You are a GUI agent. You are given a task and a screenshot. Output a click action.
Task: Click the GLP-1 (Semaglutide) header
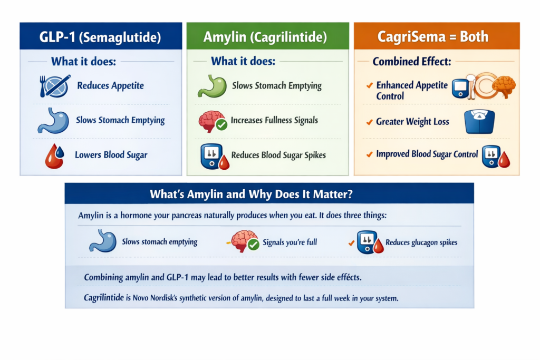[x=101, y=37]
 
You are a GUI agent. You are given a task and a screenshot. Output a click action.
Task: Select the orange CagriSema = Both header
[x=436, y=37]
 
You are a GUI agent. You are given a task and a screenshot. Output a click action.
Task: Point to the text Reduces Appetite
[x=110, y=86]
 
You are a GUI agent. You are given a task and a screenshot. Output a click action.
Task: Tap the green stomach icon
[x=211, y=86]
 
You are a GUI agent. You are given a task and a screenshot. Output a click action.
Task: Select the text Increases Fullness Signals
[x=274, y=120]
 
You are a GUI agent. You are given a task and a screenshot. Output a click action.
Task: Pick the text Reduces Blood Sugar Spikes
[x=278, y=155]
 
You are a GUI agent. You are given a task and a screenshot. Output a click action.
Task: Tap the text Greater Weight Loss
[x=412, y=122]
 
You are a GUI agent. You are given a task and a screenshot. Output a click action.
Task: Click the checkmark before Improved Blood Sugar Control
[x=370, y=154]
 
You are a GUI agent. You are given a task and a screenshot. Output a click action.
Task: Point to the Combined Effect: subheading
[x=411, y=62]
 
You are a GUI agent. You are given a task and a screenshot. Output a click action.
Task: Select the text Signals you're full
[x=290, y=242]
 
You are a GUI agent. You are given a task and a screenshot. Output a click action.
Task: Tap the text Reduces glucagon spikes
[x=421, y=242]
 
